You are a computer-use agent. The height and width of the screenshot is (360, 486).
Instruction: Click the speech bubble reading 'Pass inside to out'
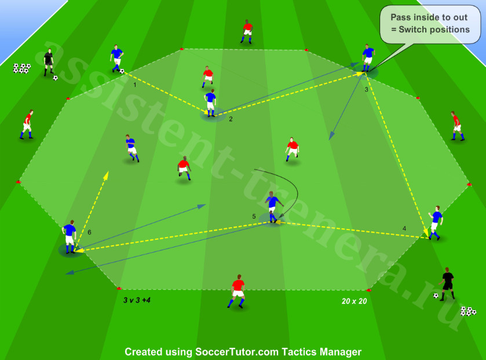[430, 24]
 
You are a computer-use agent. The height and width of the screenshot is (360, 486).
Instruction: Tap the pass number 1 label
[134, 85]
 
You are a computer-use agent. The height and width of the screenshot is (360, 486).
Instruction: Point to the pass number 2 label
[231, 119]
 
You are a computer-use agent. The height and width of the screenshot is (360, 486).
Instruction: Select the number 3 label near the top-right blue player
[366, 90]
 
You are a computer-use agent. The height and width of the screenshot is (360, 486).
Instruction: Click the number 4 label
[404, 228]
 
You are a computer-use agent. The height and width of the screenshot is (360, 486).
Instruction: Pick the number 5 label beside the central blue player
[254, 216]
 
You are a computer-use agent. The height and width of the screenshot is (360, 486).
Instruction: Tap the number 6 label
[89, 232]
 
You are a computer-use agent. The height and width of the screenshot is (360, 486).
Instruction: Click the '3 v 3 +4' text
[137, 300]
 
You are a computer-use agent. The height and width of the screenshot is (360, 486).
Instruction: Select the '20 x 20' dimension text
[355, 301]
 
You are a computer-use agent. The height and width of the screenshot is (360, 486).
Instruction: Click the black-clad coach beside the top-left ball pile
[48, 62]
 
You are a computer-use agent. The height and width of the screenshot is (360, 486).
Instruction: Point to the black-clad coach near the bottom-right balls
[447, 283]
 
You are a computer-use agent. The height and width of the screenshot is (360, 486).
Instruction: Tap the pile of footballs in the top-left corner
[21, 68]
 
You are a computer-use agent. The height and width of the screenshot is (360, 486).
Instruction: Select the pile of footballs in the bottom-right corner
[468, 311]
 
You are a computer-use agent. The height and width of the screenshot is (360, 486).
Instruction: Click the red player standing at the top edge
[247, 32]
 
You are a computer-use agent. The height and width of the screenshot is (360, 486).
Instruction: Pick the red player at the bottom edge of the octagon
[237, 291]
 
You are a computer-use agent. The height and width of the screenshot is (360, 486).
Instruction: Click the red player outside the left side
[27, 124]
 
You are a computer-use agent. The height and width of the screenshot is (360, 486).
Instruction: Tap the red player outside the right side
[457, 126]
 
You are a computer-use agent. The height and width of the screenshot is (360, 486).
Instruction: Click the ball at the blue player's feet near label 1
[122, 71]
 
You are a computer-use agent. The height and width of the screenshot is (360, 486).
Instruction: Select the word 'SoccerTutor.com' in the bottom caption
[237, 352]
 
